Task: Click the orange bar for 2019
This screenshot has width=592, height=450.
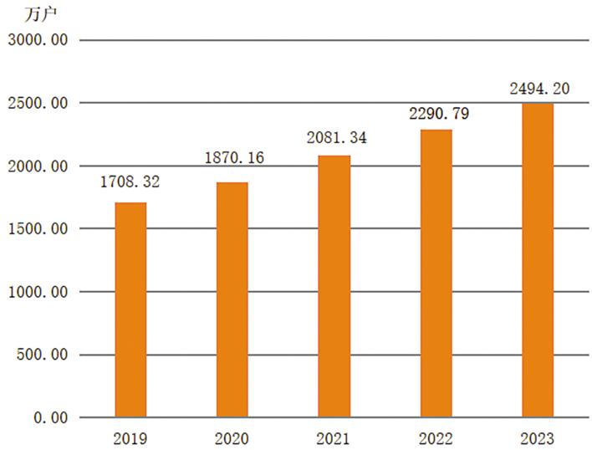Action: pyautogui.click(x=130, y=309)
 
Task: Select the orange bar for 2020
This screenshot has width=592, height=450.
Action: pyautogui.click(x=232, y=299)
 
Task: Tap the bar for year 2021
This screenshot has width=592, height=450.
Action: pyautogui.click(x=334, y=286)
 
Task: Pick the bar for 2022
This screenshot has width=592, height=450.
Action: pyautogui.click(x=436, y=273)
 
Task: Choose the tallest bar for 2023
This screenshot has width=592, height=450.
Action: pyautogui.click(x=538, y=260)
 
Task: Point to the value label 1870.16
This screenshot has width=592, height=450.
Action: pyautogui.click(x=235, y=158)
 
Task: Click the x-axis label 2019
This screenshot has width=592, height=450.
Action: pyautogui.click(x=130, y=438)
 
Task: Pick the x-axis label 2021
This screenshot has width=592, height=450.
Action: pyautogui.click(x=334, y=438)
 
